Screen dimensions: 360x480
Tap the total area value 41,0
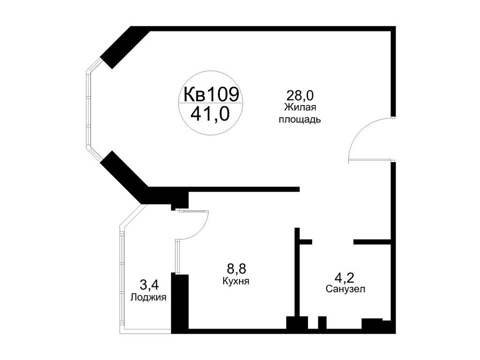coord(210,113)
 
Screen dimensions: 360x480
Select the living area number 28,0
coord(300,96)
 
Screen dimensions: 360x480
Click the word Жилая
coord(300,108)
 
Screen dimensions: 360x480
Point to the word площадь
coord(300,120)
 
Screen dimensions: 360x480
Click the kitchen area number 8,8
coord(236,269)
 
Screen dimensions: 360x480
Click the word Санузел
coord(346,289)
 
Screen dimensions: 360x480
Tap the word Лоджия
coord(149,297)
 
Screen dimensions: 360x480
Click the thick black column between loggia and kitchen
coord(180,302)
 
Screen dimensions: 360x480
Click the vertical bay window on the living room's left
coord(88,110)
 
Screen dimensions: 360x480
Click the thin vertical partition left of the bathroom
coord(297,272)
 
